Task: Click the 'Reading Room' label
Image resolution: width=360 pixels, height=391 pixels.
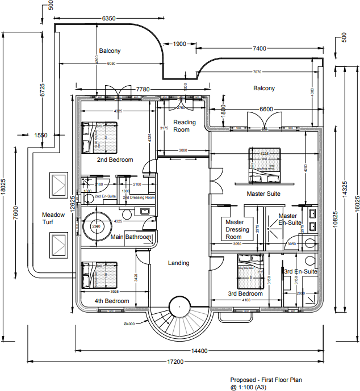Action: click(x=185, y=126)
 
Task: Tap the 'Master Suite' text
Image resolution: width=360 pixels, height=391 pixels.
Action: click(x=263, y=194)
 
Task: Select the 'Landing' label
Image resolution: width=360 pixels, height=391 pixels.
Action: click(x=178, y=263)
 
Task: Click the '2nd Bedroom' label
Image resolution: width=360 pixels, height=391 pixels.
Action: click(x=115, y=160)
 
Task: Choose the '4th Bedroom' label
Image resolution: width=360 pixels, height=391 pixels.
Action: click(x=111, y=301)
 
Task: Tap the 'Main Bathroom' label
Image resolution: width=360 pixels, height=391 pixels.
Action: click(x=131, y=237)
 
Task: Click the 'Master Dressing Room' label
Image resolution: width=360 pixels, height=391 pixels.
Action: click(x=235, y=229)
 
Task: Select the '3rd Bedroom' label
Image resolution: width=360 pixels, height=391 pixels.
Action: click(x=245, y=294)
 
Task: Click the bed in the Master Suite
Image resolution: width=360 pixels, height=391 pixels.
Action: click(x=264, y=165)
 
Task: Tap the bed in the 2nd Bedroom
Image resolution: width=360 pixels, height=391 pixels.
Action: click(x=100, y=138)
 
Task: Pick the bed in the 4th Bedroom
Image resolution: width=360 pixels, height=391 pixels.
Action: click(x=100, y=276)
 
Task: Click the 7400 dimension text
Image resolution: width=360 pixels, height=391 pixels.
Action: click(x=258, y=49)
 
